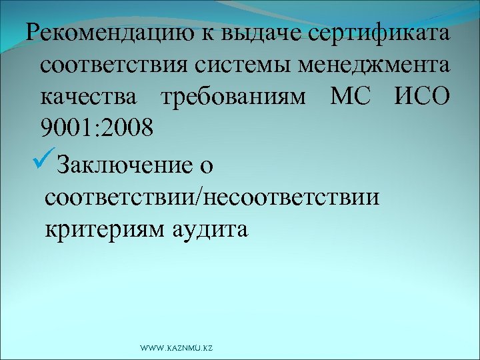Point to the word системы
click(x=248, y=67)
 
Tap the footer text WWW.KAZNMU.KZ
click(x=177, y=348)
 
